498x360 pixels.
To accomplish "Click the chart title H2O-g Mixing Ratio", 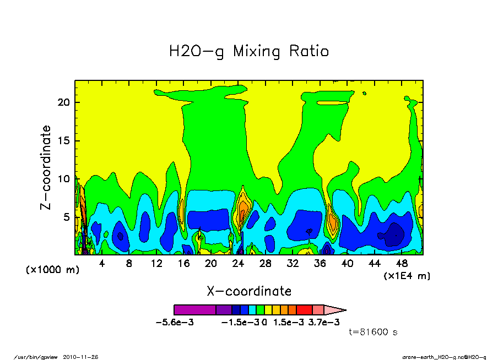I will (249, 52).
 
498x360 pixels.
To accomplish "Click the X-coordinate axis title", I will (249, 291).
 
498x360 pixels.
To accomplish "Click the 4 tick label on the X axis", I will (102, 264).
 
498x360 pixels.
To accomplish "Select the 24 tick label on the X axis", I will (238, 264).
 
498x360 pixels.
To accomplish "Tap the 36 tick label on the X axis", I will (320, 264).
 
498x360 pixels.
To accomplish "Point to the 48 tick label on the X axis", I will (402, 264).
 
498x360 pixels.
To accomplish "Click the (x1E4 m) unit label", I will (407, 275).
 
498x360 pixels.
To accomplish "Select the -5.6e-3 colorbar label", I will (175, 322).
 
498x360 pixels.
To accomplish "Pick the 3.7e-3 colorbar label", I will (324, 322).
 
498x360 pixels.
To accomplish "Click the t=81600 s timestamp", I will (373, 332).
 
